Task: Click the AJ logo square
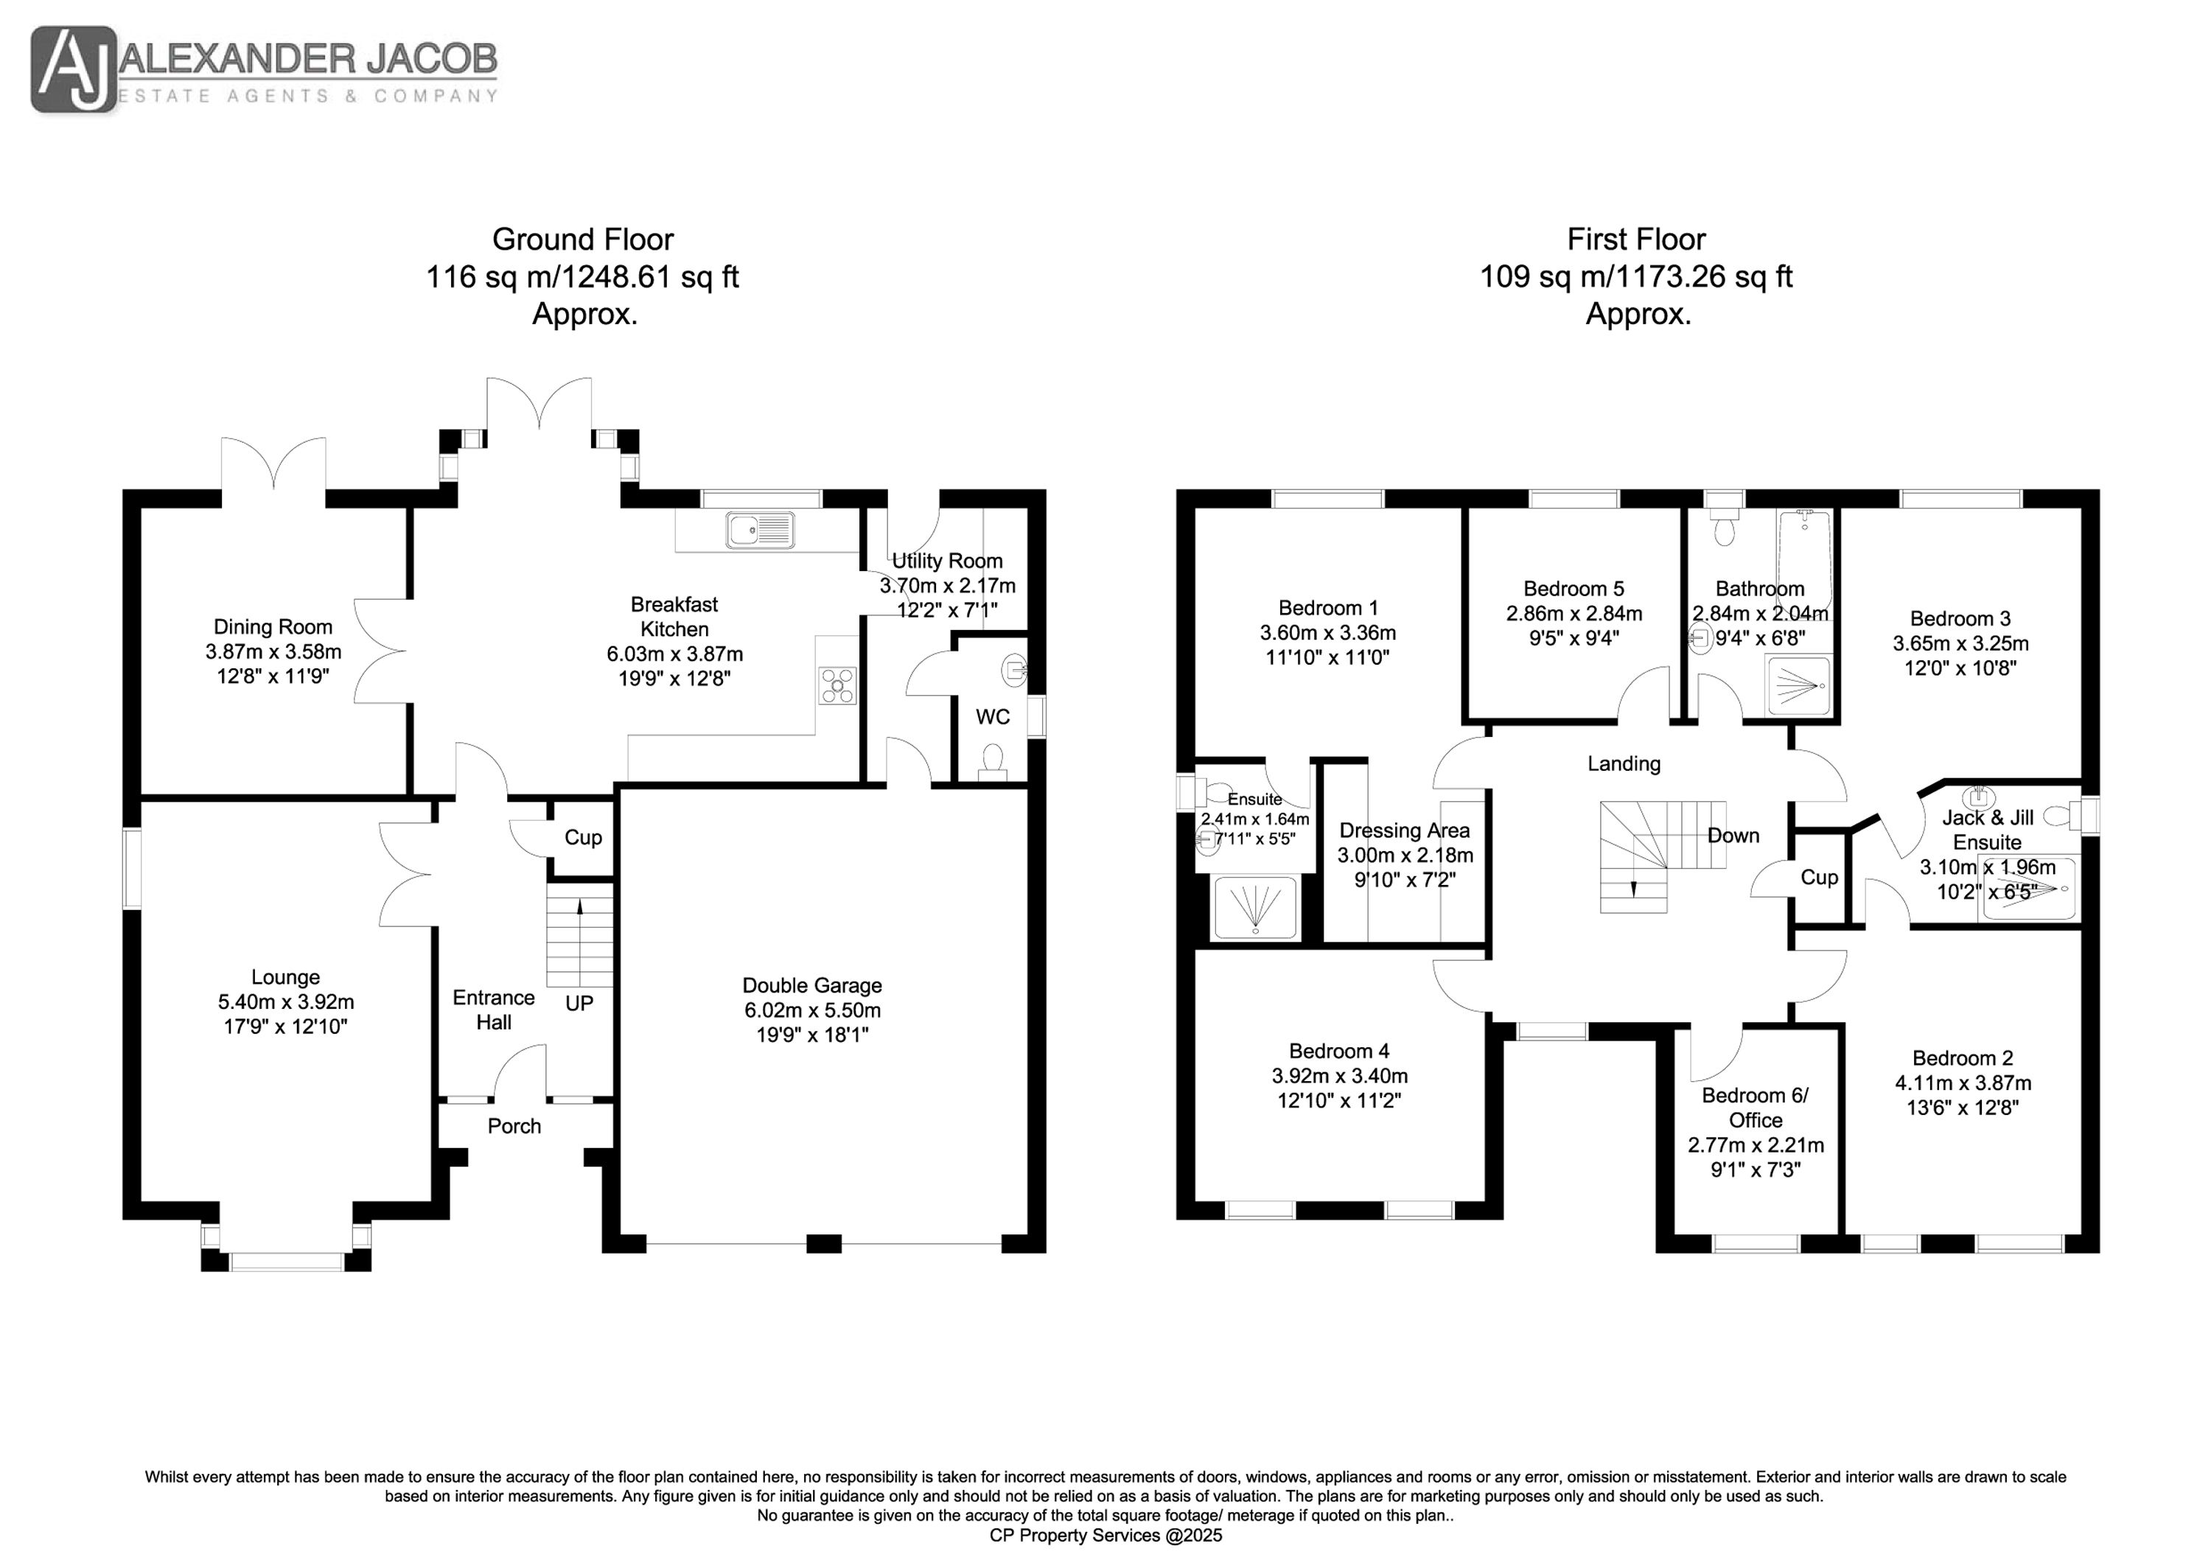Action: tap(74, 69)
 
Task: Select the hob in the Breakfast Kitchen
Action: tap(836, 685)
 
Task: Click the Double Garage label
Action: tap(811, 985)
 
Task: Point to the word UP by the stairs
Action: tap(579, 1004)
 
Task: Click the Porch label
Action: tap(514, 1126)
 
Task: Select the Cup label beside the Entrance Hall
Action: tap(583, 838)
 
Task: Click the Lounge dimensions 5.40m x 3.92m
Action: tap(286, 1001)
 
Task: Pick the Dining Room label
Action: tap(273, 627)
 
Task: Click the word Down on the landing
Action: tap(1733, 835)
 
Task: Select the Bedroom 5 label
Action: tap(1573, 588)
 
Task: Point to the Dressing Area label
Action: tap(1404, 830)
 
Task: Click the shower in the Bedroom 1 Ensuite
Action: tap(1256, 907)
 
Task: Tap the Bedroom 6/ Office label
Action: tap(1756, 1108)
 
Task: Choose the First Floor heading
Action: tap(1636, 239)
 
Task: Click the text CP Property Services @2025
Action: tap(1106, 1535)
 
